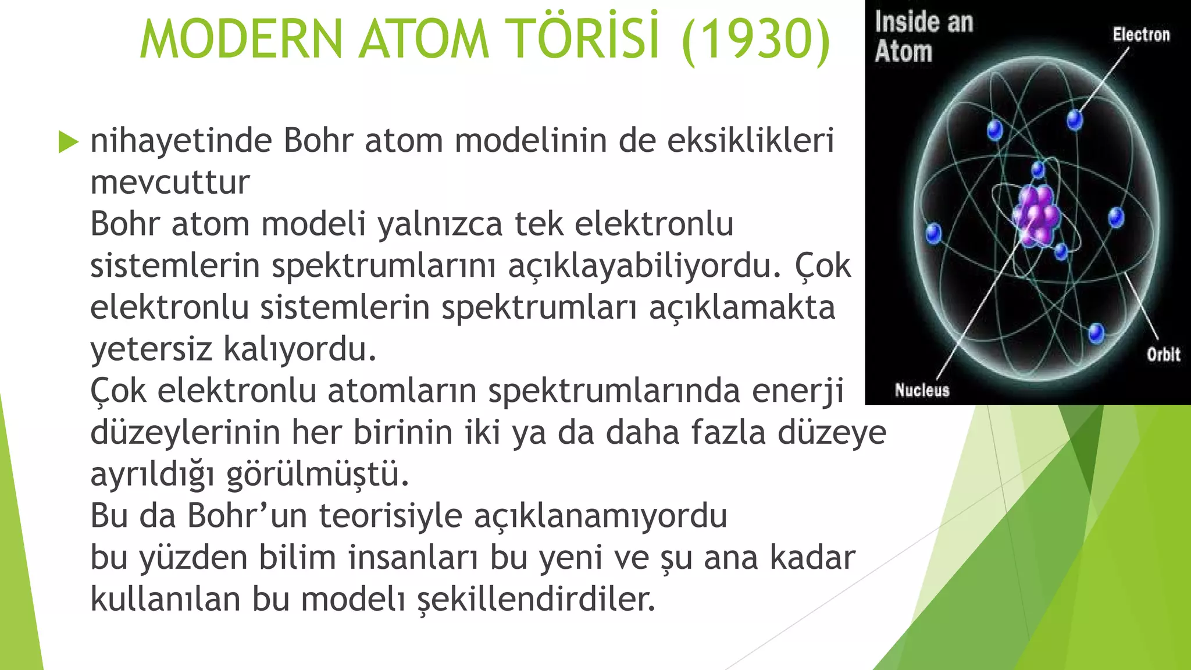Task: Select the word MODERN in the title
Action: point(241,40)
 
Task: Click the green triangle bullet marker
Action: point(68,142)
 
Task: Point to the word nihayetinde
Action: point(181,141)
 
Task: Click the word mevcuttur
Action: point(170,183)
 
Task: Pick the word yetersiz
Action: point(151,350)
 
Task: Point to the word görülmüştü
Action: point(318,474)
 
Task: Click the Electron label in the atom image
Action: point(1141,35)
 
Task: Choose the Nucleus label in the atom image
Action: point(922,390)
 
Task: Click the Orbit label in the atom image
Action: point(1163,354)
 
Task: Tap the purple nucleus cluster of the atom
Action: point(1036,215)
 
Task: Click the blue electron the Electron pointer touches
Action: point(1075,120)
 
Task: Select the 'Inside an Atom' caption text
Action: point(923,37)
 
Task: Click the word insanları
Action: point(412,558)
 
